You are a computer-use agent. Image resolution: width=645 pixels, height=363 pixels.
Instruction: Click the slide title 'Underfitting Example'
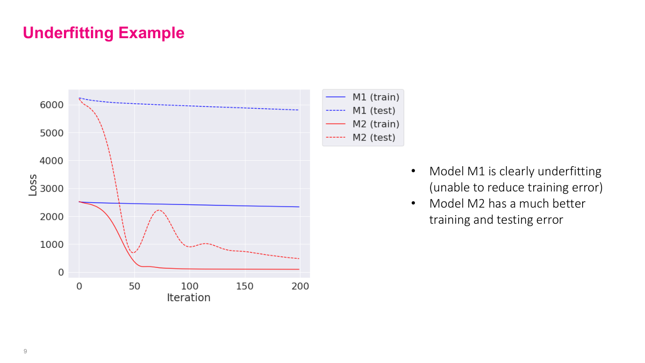[x=103, y=33]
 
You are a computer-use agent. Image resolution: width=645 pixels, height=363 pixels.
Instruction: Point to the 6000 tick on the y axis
[x=52, y=105]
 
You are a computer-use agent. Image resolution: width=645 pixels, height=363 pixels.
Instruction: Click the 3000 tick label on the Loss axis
[x=52, y=189]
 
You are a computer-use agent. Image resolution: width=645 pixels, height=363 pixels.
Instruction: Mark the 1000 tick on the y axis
[x=52, y=245]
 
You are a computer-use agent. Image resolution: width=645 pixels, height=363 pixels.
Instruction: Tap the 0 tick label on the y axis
[x=61, y=273]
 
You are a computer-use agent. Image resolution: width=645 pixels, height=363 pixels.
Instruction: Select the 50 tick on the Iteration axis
[x=134, y=286]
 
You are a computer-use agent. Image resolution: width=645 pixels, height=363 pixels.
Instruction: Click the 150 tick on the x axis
[x=245, y=286]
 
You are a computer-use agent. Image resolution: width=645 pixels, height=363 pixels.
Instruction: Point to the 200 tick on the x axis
[x=300, y=286]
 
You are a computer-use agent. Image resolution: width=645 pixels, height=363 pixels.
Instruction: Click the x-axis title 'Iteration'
[x=189, y=297]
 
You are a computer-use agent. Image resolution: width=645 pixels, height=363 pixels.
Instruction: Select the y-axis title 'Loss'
[x=33, y=184]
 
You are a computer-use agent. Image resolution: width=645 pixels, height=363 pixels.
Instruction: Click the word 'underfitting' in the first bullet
[x=569, y=172]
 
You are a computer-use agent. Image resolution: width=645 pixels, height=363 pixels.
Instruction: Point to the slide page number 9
[x=25, y=351]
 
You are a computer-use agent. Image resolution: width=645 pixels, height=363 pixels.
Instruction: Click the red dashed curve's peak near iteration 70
[x=159, y=210]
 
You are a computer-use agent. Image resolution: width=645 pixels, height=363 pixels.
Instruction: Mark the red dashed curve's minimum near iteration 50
[x=133, y=253]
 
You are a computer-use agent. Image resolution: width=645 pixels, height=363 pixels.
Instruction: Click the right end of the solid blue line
[x=299, y=207]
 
